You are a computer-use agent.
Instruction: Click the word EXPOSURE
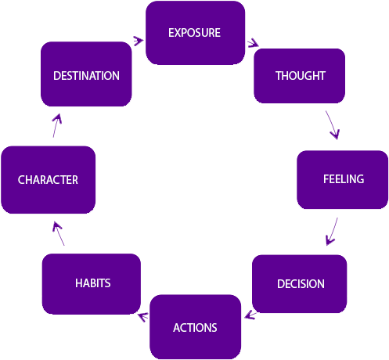coord(194,33)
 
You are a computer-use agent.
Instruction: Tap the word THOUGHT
coord(301,76)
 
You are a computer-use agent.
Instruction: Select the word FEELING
coord(344,179)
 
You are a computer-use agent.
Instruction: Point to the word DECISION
coord(301,284)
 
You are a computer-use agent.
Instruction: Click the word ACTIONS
coord(195,328)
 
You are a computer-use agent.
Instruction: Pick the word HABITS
coord(93,283)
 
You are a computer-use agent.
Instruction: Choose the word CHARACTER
coord(48,180)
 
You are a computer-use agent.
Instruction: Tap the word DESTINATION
coord(86,76)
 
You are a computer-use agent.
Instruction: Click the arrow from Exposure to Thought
coord(253,43)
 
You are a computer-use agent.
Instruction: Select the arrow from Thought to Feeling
coord(332,124)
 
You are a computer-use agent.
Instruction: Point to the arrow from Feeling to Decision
coord(332,232)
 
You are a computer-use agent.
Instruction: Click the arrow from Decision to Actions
coord(250,315)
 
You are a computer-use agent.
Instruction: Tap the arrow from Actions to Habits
coord(143,316)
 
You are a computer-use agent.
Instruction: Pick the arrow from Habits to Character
coord(58,233)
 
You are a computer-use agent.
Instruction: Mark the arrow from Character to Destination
coord(57,125)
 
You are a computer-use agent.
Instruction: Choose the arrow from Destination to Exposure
coord(139,41)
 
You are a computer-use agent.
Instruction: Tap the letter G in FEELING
coord(360,179)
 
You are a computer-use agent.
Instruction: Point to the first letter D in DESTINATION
coord(57,76)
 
